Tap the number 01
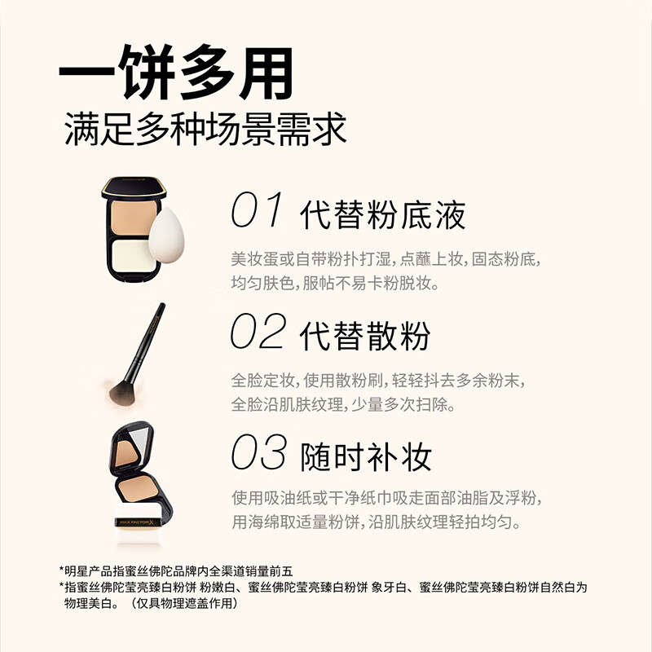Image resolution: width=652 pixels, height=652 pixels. (x=256, y=212)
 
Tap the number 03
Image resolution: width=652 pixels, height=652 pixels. (x=258, y=453)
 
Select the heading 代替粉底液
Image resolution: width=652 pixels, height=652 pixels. (x=383, y=215)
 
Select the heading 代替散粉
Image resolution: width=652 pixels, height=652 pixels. (x=364, y=336)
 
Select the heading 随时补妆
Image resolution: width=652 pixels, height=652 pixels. (x=365, y=456)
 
